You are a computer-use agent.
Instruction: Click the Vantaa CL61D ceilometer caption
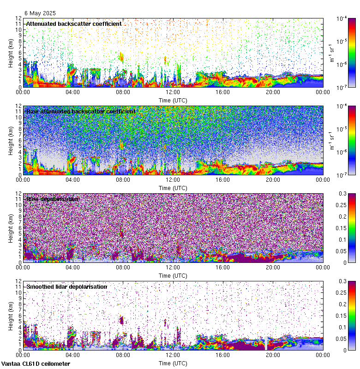click(x=36, y=364)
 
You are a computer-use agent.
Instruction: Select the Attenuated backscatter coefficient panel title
click(x=74, y=24)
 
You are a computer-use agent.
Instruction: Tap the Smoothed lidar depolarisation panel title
click(x=66, y=286)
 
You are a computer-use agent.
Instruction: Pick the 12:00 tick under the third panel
click(x=173, y=267)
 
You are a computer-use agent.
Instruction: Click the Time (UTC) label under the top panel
click(x=173, y=100)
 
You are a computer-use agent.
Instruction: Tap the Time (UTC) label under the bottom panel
click(x=173, y=363)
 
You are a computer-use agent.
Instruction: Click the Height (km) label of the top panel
click(x=11, y=53)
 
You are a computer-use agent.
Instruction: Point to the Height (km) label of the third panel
click(x=11, y=228)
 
